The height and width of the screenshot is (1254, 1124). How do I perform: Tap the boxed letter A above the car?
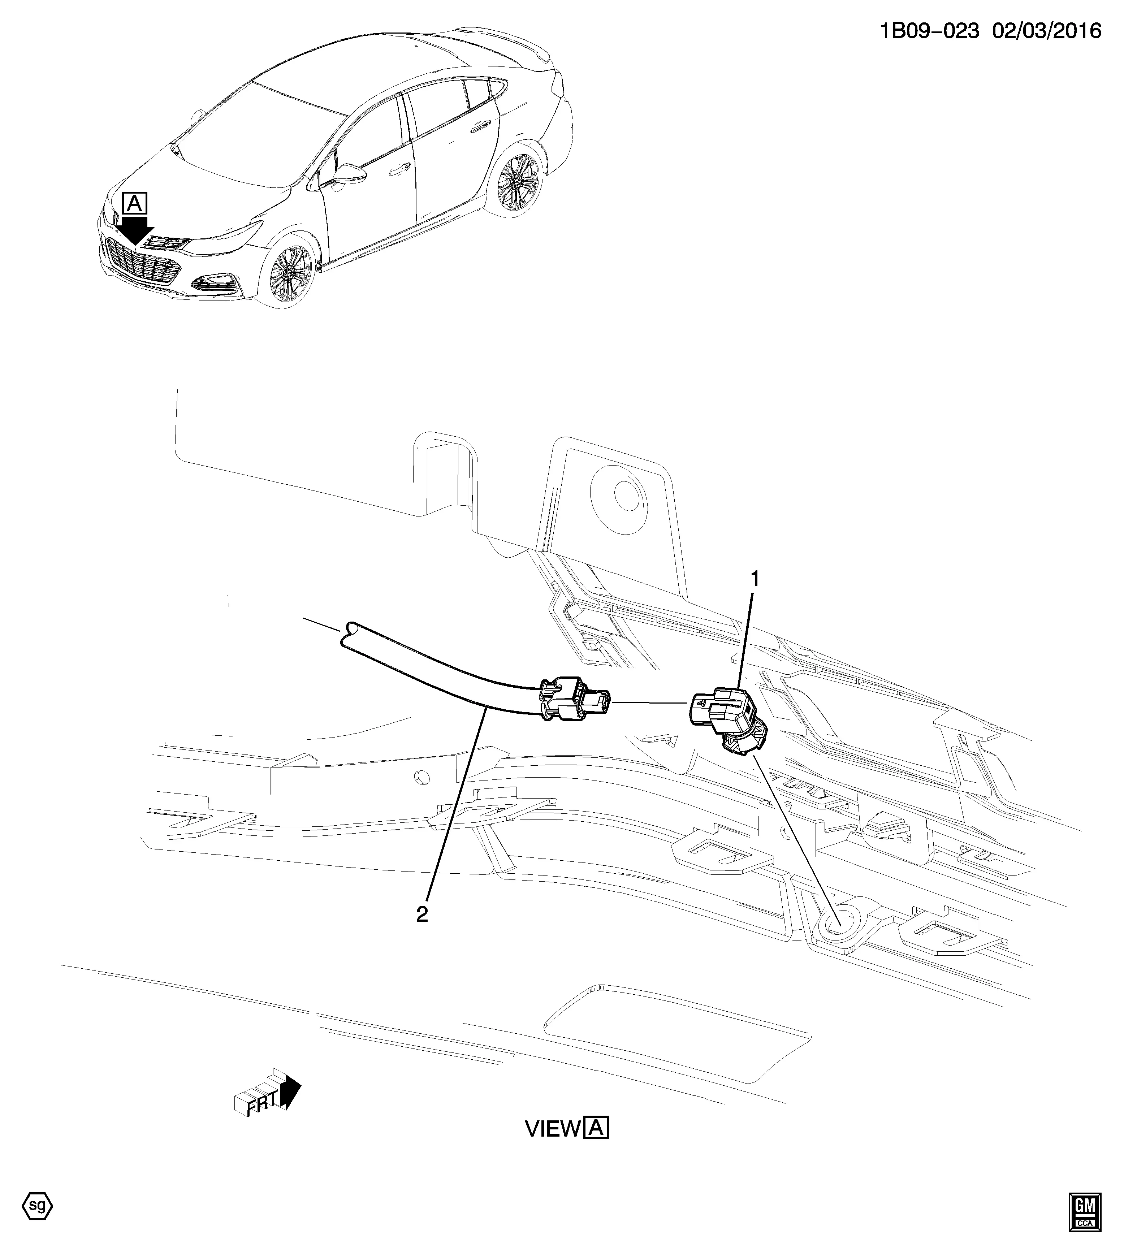(x=135, y=203)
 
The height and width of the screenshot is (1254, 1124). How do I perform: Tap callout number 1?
(x=754, y=579)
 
